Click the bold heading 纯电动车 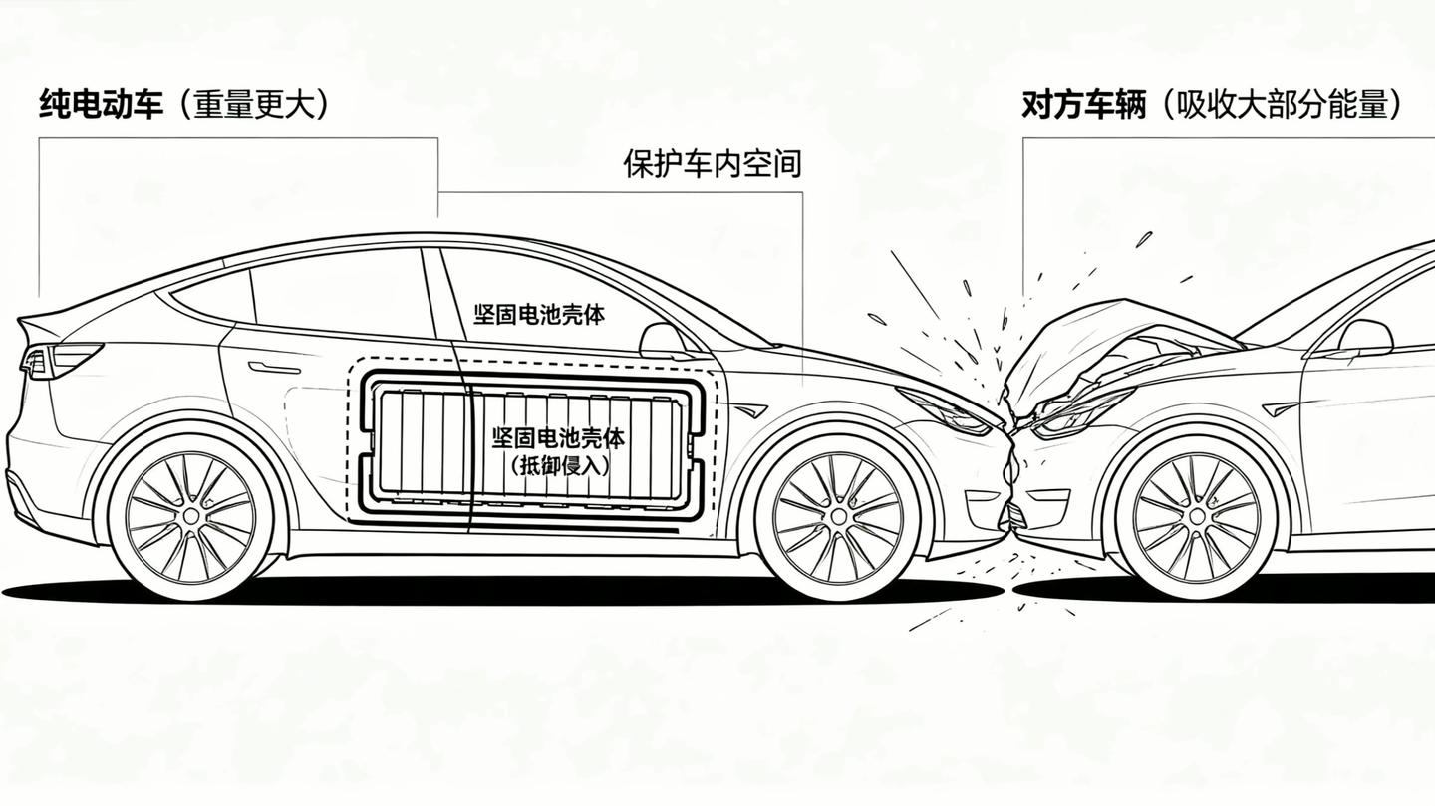[x=102, y=104]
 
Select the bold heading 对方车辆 [x=1083, y=104]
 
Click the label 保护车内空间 [x=713, y=164]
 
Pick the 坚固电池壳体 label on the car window [x=539, y=315]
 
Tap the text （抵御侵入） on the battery [x=560, y=466]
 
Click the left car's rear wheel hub [x=191, y=516]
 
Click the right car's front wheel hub [x=1199, y=517]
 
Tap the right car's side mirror [x=1364, y=337]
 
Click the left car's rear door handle [x=274, y=367]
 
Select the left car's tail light [x=61, y=360]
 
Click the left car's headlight [x=948, y=411]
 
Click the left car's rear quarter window [x=210, y=300]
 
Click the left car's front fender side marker [x=749, y=409]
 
